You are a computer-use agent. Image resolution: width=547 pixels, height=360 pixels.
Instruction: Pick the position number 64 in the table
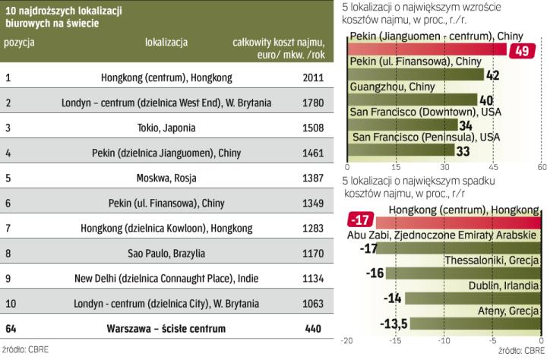[11, 328]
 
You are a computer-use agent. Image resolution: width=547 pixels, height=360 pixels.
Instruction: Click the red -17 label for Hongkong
[359, 221]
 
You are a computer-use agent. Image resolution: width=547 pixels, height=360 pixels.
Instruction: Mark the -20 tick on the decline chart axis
[348, 341]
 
